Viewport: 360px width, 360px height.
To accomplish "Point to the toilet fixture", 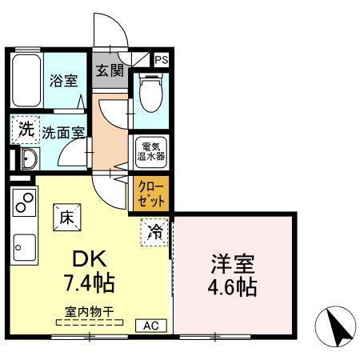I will click(x=150, y=94).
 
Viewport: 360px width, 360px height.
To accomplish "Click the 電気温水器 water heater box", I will click(x=150, y=152).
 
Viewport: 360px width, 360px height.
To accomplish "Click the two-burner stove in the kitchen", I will click(x=23, y=203).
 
